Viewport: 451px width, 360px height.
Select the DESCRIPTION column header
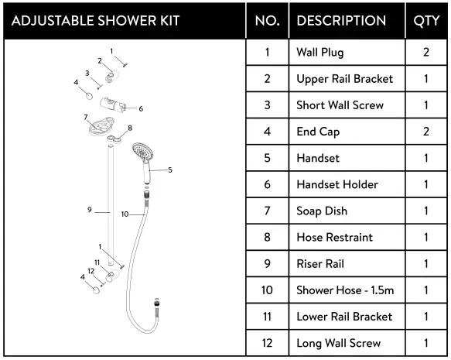click(x=341, y=20)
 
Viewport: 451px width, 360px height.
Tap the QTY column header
click(x=426, y=20)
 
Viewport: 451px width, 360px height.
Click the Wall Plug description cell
click(x=320, y=53)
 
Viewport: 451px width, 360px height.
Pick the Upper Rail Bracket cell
click(x=344, y=79)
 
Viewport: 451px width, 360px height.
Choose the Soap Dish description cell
click(x=322, y=211)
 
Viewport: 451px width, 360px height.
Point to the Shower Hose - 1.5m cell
click(x=344, y=290)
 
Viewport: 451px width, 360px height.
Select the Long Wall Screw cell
click(x=338, y=342)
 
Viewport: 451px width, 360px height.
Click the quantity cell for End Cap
click(x=426, y=132)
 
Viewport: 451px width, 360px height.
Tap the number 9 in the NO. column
click(x=267, y=263)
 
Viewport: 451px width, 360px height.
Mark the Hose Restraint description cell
click(x=334, y=237)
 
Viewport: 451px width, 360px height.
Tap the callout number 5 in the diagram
click(x=169, y=170)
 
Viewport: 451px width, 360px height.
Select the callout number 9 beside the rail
click(x=90, y=209)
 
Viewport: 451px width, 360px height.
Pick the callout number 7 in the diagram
click(x=85, y=117)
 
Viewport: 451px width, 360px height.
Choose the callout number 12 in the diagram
click(x=91, y=271)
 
